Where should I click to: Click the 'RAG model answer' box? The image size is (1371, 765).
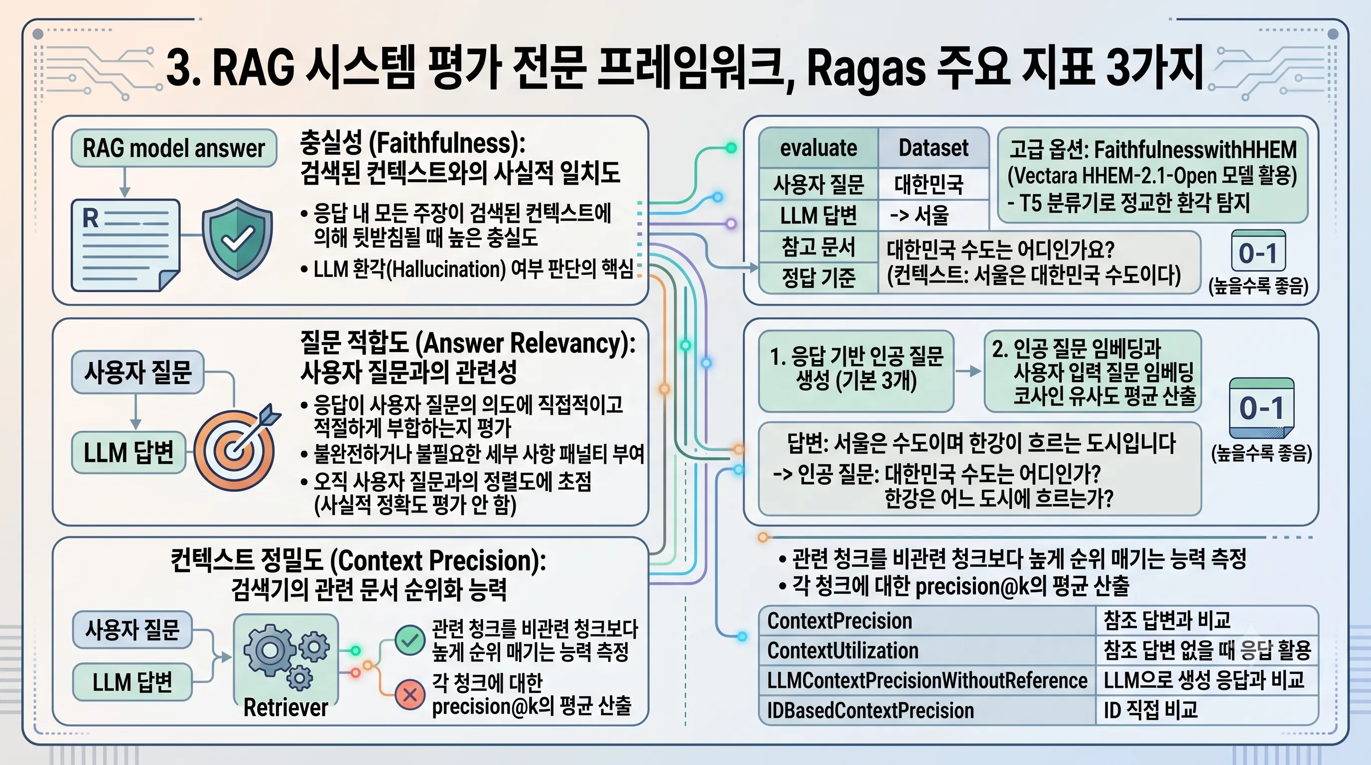tap(174, 148)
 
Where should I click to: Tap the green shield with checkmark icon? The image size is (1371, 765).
tap(237, 239)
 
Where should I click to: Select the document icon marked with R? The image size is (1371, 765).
tap(126, 245)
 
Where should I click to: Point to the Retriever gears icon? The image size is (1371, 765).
tap(286, 657)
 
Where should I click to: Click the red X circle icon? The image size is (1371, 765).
tap(410, 694)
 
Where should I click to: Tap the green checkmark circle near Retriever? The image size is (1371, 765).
tap(410, 640)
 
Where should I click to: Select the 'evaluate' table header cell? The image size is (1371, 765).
tap(819, 148)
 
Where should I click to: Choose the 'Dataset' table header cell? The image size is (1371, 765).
tap(934, 148)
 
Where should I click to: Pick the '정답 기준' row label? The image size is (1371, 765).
tap(819, 277)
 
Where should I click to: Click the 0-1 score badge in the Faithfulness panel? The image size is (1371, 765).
tap(1259, 252)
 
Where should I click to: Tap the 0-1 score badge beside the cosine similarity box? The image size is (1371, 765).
tap(1261, 408)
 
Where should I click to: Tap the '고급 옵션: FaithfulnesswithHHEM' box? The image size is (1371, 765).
tap(1153, 175)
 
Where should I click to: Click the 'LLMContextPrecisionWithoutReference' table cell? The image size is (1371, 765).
tap(927, 680)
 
